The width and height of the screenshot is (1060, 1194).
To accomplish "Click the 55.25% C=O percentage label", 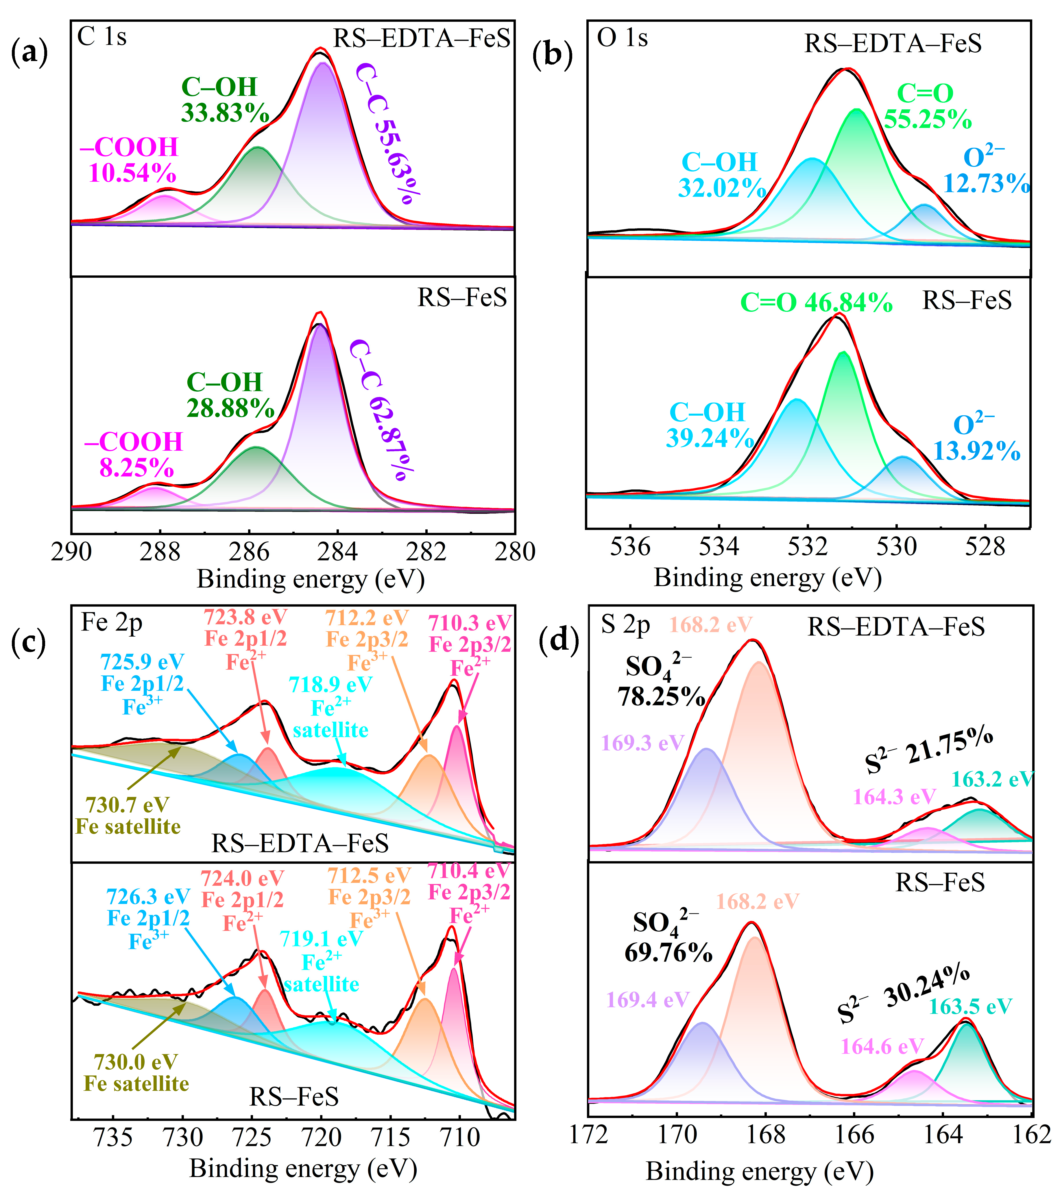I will coord(927,119).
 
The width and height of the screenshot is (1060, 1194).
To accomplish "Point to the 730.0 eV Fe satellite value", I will coord(136,1062).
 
